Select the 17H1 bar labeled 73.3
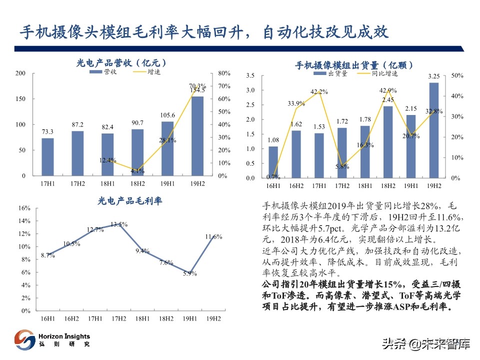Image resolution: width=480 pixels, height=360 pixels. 47,157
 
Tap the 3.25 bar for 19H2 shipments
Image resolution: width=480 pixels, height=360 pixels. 434,130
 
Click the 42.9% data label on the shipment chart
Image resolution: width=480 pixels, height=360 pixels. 388,90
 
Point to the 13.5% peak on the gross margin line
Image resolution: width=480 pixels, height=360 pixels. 118,224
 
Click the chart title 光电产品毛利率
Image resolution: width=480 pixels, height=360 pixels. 129,201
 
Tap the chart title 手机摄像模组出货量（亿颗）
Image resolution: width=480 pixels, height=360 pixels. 353,64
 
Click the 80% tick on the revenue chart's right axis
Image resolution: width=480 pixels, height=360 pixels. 224,73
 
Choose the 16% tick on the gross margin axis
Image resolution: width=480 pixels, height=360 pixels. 24,208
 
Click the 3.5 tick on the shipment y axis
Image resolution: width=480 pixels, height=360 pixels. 250,75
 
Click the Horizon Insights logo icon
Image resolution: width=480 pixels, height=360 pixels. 24,340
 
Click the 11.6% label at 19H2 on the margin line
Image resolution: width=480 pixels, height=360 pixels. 213,236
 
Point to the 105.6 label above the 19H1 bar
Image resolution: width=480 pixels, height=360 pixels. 167,115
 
